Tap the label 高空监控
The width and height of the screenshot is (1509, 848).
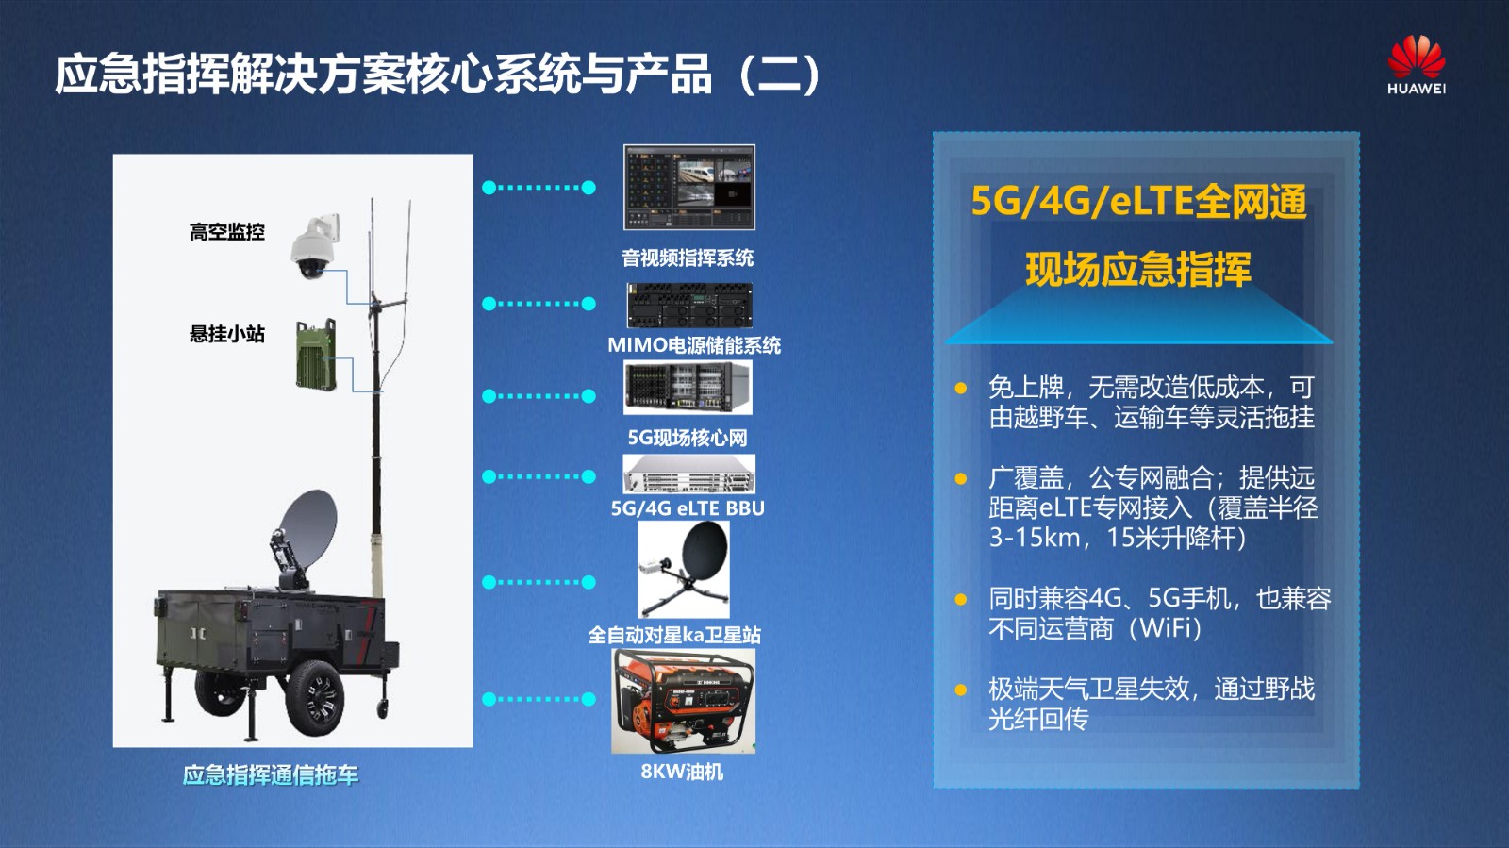pos(227,232)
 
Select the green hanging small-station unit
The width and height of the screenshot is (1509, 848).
pos(316,355)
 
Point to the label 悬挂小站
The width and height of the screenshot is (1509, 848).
pos(227,334)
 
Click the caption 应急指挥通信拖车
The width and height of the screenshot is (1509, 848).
pos(270,775)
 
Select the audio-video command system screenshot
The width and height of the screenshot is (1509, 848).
pos(689,188)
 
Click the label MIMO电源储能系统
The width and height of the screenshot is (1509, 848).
pos(694,345)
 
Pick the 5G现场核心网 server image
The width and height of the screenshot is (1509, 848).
pos(688,388)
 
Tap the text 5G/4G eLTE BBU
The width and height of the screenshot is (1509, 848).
pos(688,507)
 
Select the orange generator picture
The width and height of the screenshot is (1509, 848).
pos(683,701)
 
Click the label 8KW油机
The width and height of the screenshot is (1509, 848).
pos(682,772)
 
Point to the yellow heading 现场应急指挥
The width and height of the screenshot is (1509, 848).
pos(1138,270)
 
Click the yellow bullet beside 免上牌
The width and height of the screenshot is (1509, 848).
pos(961,388)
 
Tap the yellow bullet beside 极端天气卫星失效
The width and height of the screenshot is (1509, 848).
pos(961,690)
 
